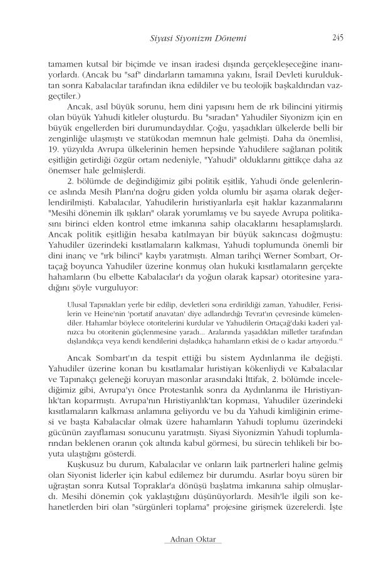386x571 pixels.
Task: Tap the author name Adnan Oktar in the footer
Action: [193, 540]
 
